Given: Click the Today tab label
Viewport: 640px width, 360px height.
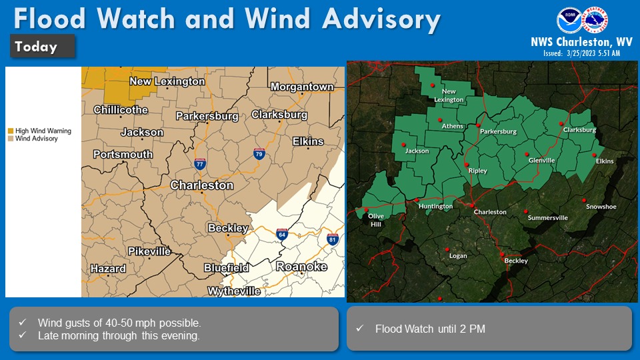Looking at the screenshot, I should click(x=36, y=47).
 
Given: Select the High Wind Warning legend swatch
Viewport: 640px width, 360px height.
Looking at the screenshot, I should click(x=11, y=131).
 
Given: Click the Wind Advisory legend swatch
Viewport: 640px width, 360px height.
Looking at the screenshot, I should click(x=11, y=139).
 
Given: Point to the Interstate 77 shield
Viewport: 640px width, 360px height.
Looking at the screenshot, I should click(x=199, y=163).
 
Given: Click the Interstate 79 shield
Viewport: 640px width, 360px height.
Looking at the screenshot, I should click(x=259, y=154).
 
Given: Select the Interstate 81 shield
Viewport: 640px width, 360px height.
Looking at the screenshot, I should click(x=333, y=239).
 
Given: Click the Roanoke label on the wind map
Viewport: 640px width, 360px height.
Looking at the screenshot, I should click(x=301, y=267).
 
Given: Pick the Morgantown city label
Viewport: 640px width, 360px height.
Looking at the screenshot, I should click(x=302, y=87).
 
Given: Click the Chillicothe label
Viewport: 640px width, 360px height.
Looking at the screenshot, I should click(x=121, y=109).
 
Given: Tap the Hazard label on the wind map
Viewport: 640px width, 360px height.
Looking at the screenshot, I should click(x=108, y=269).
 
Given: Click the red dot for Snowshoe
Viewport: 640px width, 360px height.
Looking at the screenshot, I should click(x=583, y=200).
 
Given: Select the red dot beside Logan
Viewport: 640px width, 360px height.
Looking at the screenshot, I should click(x=447, y=250).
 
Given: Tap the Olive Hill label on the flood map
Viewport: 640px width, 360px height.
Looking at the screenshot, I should click(x=376, y=221).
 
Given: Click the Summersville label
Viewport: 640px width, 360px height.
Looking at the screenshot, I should click(x=548, y=218).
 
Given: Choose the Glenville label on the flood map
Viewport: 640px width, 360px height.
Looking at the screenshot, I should click(x=541, y=161).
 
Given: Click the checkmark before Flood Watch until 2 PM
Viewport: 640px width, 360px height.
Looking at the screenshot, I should click(x=359, y=329).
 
